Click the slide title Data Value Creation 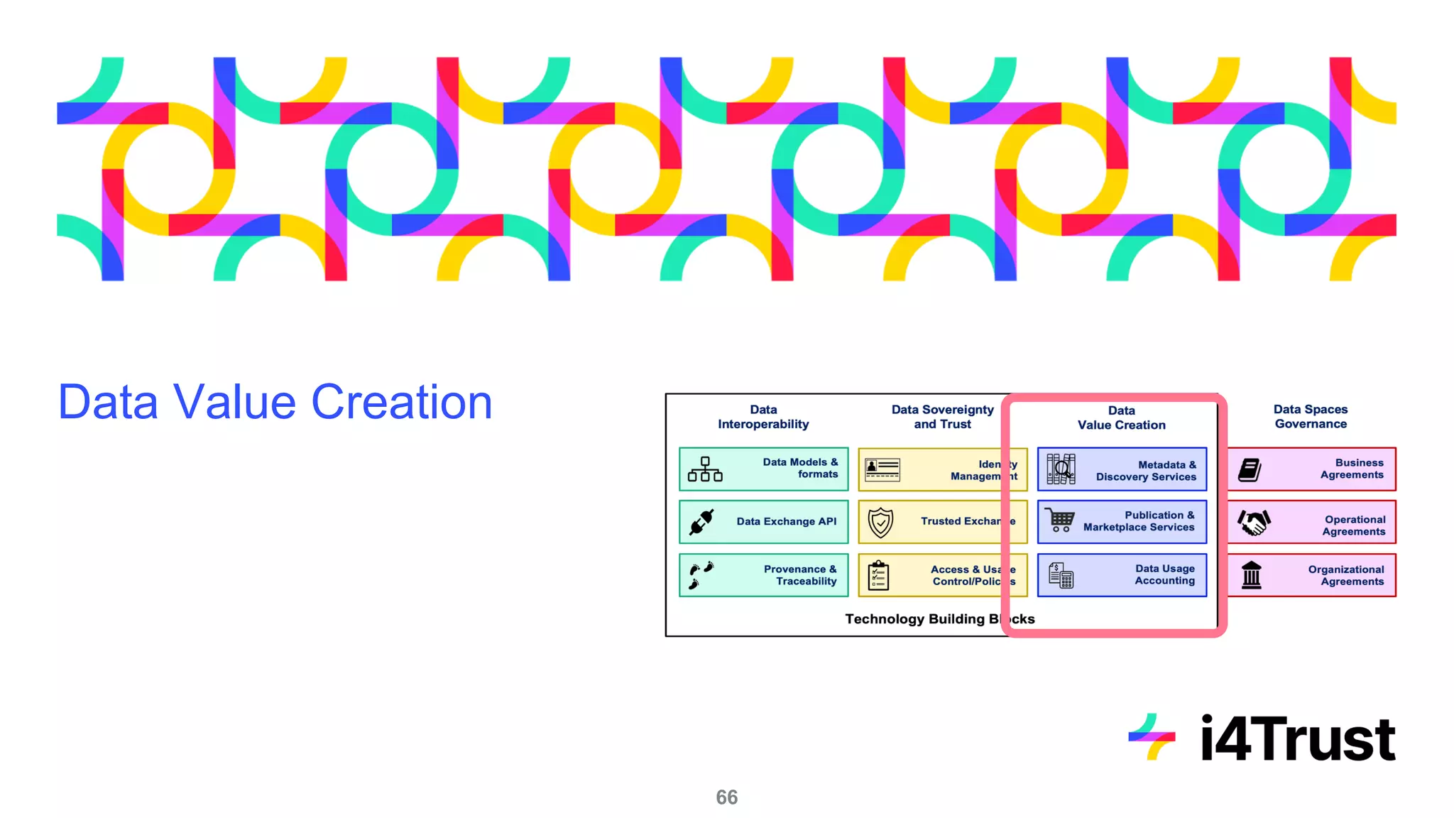click(x=275, y=402)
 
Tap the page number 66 click(x=726, y=797)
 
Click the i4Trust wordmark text click(x=1297, y=738)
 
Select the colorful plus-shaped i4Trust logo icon click(x=1152, y=737)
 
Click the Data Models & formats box click(x=763, y=469)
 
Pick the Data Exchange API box click(x=763, y=522)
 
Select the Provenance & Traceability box click(x=763, y=575)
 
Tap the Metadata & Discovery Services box click(x=1122, y=469)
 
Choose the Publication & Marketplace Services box click(x=1122, y=522)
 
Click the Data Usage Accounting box click(x=1122, y=575)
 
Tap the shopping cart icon click(x=1060, y=520)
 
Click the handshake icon click(x=1254, y=523)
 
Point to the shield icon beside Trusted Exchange click(x=880, y=523)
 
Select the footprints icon click(x=701, y=575)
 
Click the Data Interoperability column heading click(x=763, y=417)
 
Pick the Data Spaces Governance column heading click(x=1310, y=417)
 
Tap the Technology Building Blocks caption click(x=939, y=619)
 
